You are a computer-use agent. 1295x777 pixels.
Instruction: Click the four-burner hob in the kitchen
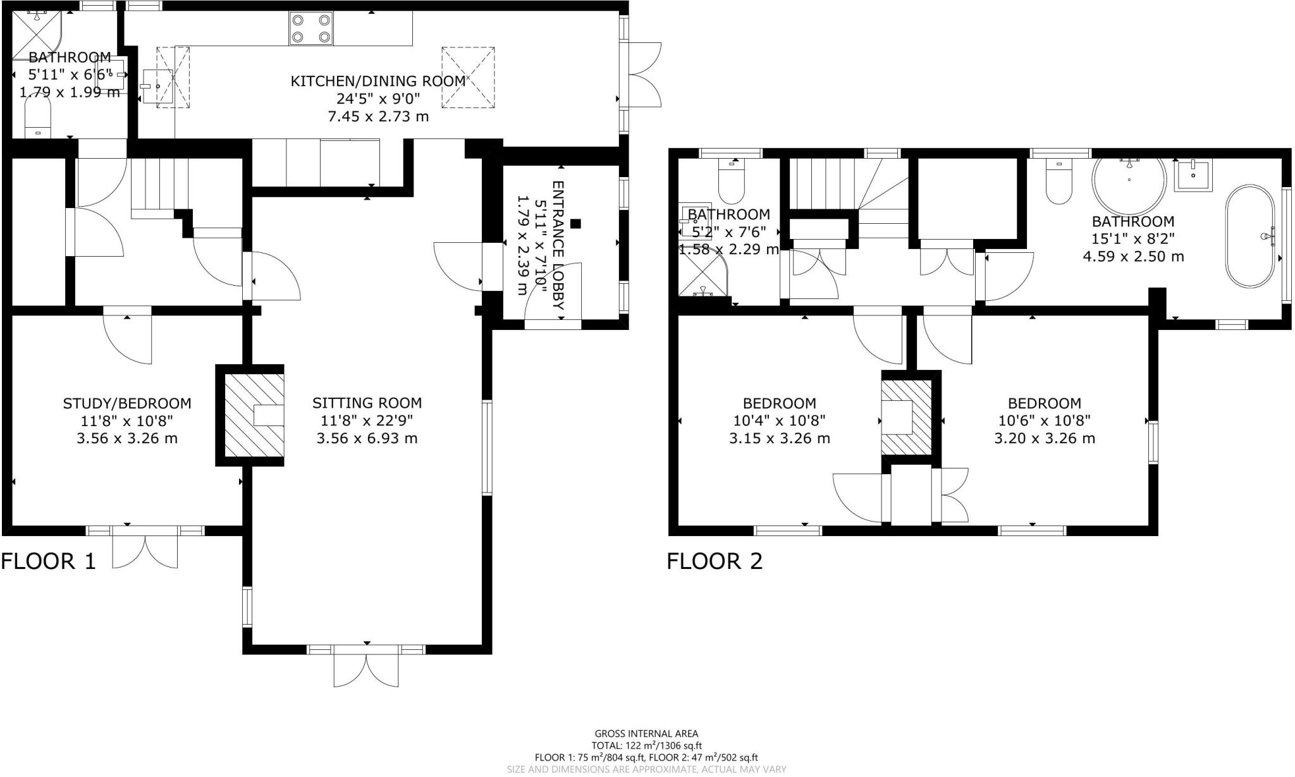tap(310, 28)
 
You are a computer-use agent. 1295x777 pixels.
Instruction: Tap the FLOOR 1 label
tap(48, 561)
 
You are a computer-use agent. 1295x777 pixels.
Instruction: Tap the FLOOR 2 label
tap(715, 561)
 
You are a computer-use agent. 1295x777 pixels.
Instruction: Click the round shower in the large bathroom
tap(1129, 182)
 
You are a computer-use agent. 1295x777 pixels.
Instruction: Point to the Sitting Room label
tap(367, 403)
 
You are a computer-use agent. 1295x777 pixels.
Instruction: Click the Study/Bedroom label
tap(126, 403)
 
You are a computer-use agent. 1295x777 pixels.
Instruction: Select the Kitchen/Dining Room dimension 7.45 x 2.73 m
tap(378, 116)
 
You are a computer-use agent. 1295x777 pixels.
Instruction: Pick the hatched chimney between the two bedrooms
tap(906, 417)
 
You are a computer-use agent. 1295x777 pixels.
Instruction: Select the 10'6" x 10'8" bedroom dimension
tap(1044, 420)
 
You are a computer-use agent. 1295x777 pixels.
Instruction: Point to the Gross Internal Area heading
tap(646, 733)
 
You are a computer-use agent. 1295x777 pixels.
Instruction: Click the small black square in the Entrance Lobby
tap(575, 223)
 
